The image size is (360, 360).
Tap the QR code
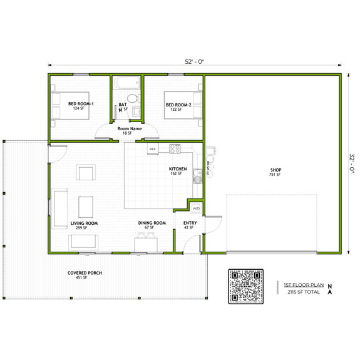(x=246, y=287)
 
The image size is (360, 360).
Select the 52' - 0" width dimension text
(x=195, y=61)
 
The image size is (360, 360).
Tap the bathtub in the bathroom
(x=127, y=82)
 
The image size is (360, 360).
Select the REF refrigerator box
(x=152, y=149)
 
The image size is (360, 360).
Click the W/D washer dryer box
(x=196, y=208)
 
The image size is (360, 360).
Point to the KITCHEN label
(x=178, y=170)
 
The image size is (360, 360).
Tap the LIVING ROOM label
(x=84, y=223)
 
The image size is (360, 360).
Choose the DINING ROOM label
(x=152, y=223)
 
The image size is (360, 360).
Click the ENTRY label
(x=190, y=223)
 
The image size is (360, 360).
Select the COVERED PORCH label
(x=85, y=274)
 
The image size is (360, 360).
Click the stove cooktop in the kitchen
(x=174, y=149)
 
